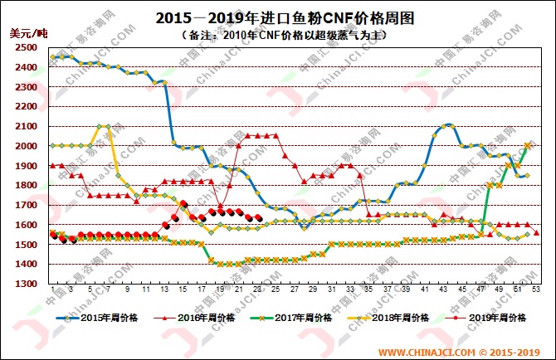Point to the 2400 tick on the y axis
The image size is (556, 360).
pos(25,67)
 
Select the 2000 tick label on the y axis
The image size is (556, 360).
pos(25,146)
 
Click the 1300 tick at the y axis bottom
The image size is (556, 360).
pos(25,284)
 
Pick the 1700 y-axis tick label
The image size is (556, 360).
pos(25,205)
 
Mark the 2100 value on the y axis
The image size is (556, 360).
pos(25,126)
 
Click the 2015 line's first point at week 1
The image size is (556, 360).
pos(52,57)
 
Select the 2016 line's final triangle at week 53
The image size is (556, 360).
pos(537,233)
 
